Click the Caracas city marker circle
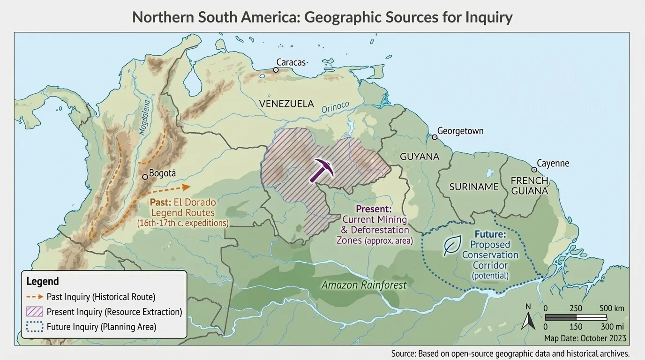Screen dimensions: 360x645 pyautogui.click(x=276, y=70)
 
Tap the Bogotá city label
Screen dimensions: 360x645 pyautogui.click(x=162, y=173)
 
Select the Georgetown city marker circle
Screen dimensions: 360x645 pyautogui.click(x=435, y=137)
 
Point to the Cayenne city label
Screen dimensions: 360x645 pyautogui.click(x=553, y=163)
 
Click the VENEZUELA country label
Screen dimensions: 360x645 pyautogui.click(x=286, y=104)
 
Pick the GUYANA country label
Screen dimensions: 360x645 pyautogui.click(x=420, y=157)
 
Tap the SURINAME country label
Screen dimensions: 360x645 pyautogui.click(x=474, y=187)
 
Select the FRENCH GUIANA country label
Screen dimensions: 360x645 pyautogui.click(x=529, y=186)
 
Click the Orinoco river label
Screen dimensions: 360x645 pyautogui.click(x=335, y=107)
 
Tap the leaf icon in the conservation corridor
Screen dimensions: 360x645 pyautogui.click(x=452, y=245)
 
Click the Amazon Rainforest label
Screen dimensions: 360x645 pyautogui.click(x=364, y=285)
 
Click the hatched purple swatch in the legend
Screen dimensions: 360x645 pyautogui.click(x=35, y=312)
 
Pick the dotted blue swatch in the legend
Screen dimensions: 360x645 pyautogui.click(x=35, y=327)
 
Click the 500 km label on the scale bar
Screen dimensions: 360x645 pyautogui.click(x=612, y=308)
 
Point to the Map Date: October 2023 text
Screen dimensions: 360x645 pyautogui.click(x=585, y=338)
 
